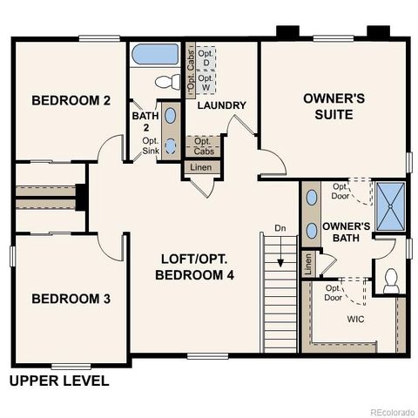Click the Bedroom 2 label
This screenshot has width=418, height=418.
point(71,101)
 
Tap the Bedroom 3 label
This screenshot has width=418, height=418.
point(71,299)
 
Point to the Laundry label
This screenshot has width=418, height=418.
point(221,105)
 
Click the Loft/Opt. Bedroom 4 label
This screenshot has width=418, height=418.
point(195,267)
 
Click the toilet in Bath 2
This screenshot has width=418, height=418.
point(165,83)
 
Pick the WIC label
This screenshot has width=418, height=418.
point(355,320)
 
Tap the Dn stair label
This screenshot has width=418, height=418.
point(280,229)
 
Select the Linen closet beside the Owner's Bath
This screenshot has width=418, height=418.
point(307,263)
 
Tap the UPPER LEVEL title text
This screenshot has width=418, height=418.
point(59,381)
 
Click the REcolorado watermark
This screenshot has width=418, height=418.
point(390,411)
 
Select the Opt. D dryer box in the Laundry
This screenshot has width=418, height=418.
point(206,61)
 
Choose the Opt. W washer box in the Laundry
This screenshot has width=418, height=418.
point(206,84)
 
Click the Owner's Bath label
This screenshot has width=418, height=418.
point(346,233)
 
